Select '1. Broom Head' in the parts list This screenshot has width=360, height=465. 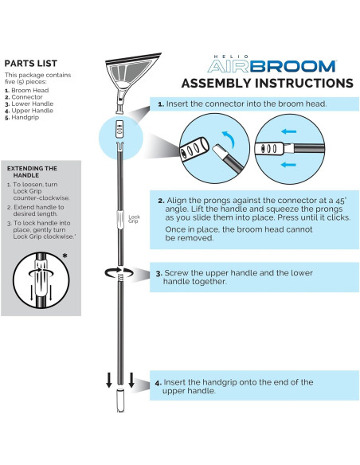click(x=30, y=89)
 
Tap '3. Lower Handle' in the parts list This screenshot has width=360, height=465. click(x=33, y=104)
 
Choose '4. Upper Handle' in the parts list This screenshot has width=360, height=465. click(x=33, y=111)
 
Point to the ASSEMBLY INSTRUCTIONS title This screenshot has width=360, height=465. click(x=267, y=83)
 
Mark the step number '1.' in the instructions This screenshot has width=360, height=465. click(x=161, y=104)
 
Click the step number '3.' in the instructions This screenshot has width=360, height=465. click(x=159, y=273)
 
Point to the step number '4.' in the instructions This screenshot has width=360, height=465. click(x=159, y=382)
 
